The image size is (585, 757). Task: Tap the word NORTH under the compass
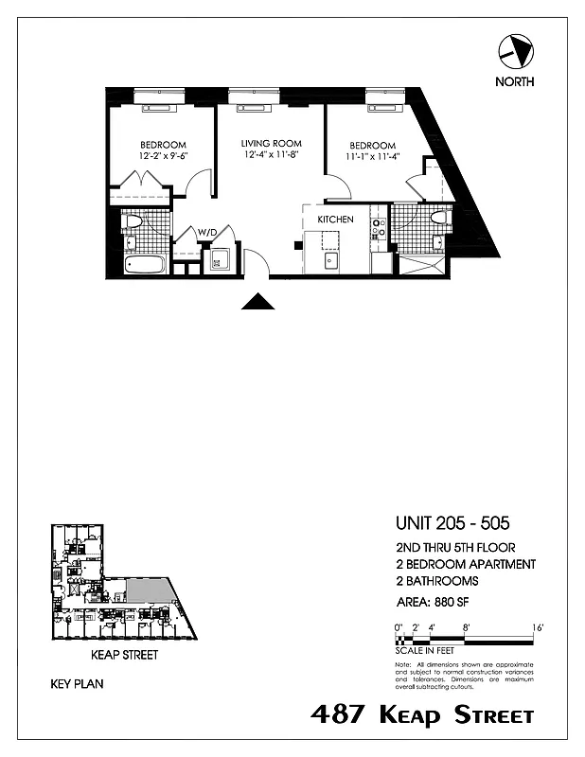click(514, 81)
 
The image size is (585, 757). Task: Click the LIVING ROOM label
click(270, 143)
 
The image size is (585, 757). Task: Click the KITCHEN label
click(335, 220)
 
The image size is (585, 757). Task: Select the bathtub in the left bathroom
click(144, 262)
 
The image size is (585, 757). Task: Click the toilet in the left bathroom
click(133, 222)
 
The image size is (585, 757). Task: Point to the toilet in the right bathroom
click(437, 219)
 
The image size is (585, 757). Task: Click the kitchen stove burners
click(378, 227)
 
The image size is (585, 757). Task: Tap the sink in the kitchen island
click(332, 260)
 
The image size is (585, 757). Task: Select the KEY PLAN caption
click(79, 681)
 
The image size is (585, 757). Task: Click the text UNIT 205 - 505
click(453, 522)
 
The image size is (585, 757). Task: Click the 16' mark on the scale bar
click(537, 627)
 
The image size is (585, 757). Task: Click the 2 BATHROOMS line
click(436, 581)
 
